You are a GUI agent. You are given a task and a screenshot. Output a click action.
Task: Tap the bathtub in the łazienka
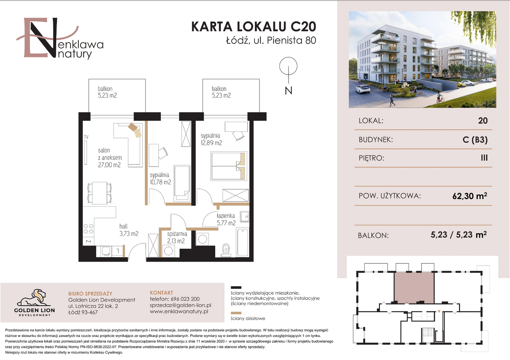click(242, 242)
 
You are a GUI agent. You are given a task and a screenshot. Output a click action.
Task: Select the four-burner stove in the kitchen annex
click(88, 229)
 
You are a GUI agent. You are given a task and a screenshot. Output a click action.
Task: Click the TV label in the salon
click(86, 137)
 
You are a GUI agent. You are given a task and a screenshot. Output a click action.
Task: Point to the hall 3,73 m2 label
click(129, 230)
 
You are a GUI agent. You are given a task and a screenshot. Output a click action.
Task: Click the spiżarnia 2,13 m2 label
click(177, 237)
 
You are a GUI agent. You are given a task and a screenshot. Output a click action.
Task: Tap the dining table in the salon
click(99, 193)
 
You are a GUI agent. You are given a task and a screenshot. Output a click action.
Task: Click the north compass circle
click(288, 66)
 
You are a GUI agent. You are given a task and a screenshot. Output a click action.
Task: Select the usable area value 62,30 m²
click(470, 196)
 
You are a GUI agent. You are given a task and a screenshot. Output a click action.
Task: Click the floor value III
click(484, 158)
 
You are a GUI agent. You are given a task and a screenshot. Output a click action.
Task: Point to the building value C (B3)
click(475, 139)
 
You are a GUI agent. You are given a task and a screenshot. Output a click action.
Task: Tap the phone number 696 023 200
click(185, 299)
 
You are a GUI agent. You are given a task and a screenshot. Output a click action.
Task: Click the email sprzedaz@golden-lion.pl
click(180, 305)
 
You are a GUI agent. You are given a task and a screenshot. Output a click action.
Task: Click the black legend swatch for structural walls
click(236, 287)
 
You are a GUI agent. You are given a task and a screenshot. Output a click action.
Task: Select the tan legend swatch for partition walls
click(236, 313)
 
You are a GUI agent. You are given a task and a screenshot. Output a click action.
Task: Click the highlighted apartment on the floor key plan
click(414, 287)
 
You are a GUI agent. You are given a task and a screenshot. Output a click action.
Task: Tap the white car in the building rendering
click(363, 89)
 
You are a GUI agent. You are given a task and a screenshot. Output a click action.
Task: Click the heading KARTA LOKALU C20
click(253, 27)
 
